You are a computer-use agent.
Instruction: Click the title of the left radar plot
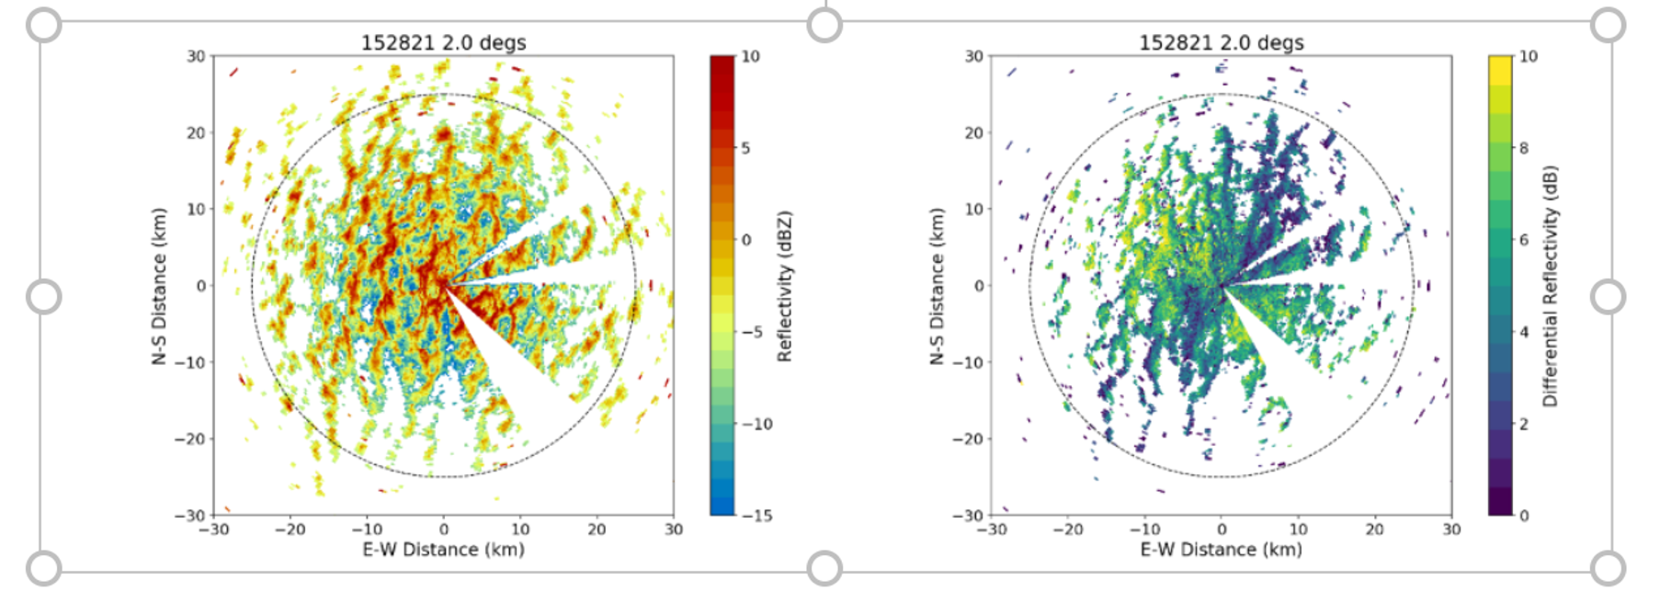coord(443,42)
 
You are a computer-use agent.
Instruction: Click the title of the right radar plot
coord(1221,42)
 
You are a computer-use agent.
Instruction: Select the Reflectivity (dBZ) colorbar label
coord(784,286)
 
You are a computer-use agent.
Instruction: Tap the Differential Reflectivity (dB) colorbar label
coord(1551,286)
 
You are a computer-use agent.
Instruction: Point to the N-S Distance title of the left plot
coord(160,286)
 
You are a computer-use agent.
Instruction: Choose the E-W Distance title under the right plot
coord(1221,550)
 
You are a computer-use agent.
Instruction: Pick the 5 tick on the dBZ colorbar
coord(745,148)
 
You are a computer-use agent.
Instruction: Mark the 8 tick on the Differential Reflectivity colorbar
coord(1523,148)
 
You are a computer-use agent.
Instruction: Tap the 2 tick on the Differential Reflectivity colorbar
coord(1523,424)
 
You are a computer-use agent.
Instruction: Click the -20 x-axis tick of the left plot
coord(290,529)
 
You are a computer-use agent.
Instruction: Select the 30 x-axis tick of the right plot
coord(1450,529)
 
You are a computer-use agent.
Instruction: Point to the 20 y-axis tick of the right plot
coord(974,132)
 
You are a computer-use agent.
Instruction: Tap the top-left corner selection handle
coord(43,26)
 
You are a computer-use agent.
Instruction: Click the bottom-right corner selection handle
coord(1608,568)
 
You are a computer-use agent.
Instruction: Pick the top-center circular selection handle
coord(824,26)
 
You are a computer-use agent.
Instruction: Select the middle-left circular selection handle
coord(43,297)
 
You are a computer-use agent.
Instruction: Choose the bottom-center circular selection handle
coord(824,568)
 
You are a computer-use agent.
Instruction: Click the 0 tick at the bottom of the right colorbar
coord(1523,516)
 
